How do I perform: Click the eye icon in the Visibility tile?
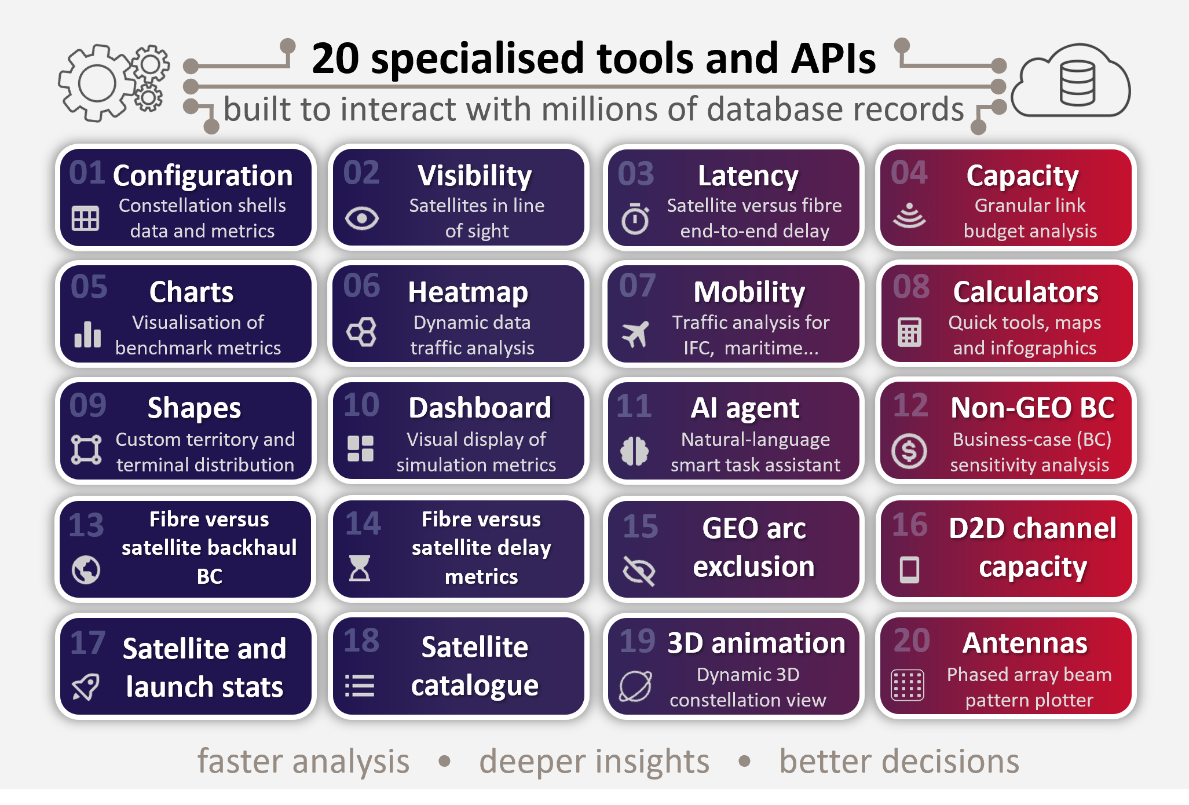pos(362,218)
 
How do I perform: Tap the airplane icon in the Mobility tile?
pos(635,334)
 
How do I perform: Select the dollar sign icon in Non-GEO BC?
pos(909,451)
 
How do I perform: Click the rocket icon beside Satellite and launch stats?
pos(86,687)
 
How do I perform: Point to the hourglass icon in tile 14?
pos(360,568)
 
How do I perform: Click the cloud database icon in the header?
pos(1071,81)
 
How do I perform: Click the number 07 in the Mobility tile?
pos(637,286)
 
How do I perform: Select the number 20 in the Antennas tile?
pos(912,641)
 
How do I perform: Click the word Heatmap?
pos(468,292)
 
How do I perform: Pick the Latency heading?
pos(748,175)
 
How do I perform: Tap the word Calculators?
pos(1026,292)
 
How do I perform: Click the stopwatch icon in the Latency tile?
pos(635,218)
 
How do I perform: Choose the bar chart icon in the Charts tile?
pos(87,334)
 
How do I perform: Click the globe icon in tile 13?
pos(86,570)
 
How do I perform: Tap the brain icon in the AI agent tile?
pos(634,451)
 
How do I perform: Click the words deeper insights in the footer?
pos(594,762)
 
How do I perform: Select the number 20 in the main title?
pos(335,58)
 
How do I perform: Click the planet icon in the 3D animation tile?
pos(635,686)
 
